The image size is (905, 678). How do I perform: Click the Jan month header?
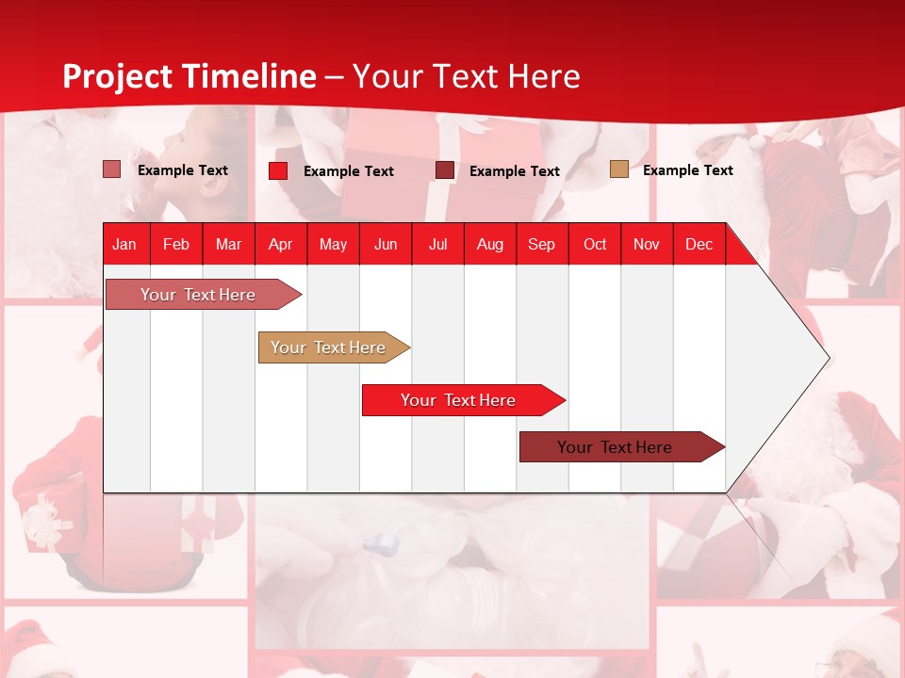[124, 244]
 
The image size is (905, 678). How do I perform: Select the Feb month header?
[176, 244]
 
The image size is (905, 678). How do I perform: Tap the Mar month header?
[228, 244]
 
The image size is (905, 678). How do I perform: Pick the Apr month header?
[281, 244]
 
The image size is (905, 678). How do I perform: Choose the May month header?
[333, 244]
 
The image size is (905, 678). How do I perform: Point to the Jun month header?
[386, 244]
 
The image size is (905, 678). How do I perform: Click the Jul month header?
[437, 244]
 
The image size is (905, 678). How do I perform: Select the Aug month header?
[490, 244]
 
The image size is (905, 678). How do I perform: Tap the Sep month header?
[542, 244]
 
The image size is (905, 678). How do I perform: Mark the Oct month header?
[595, 244]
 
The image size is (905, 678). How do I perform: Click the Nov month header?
[647, 244]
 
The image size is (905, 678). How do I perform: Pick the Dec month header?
[699, 244]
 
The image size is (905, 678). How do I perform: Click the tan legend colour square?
[618, 169]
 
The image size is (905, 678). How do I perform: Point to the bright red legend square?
[278, 170]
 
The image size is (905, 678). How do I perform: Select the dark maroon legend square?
[445, 170]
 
